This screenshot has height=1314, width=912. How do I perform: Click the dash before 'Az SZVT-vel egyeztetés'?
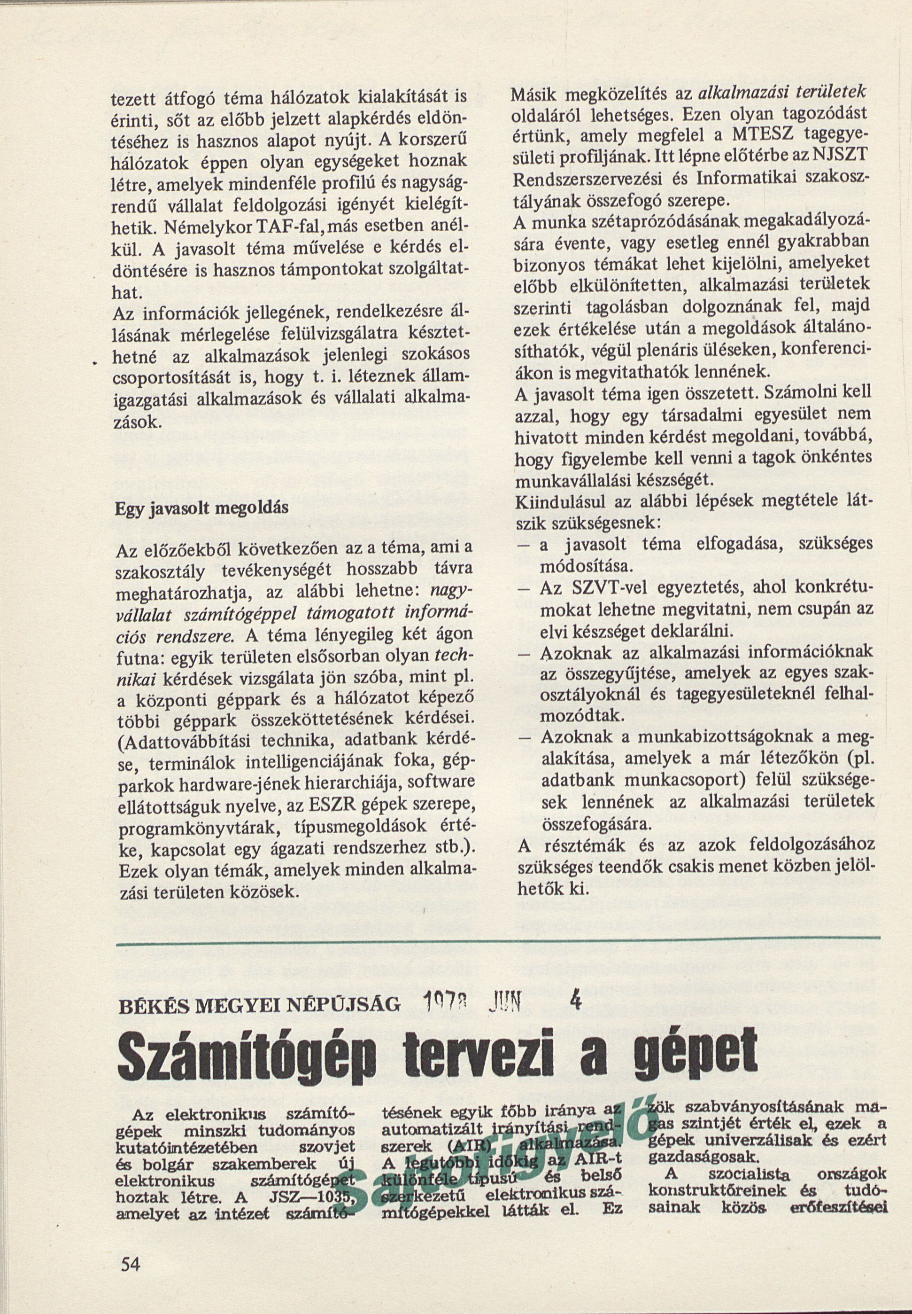[526, 589]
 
